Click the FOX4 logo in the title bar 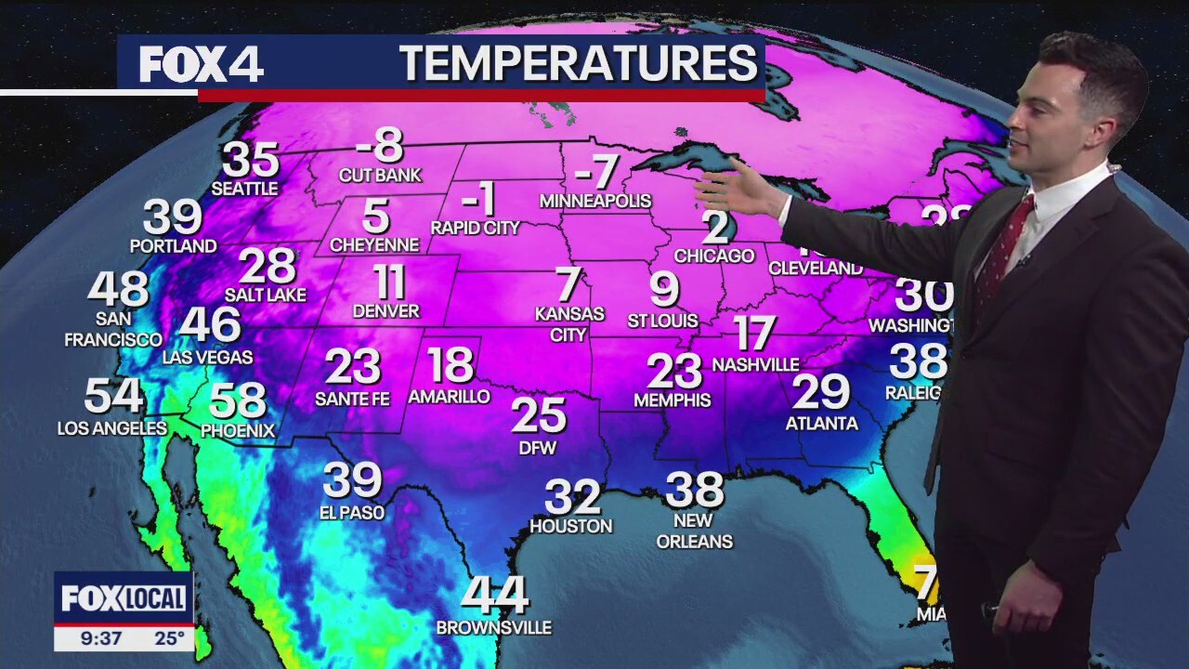(202, 64)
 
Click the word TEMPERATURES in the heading (578, 63)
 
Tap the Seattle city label (244, 189)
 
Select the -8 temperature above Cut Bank (380, 145)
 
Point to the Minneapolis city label (595, 201)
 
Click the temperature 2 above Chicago (715, 226)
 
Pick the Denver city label (386, 311)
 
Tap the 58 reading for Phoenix (238, 401)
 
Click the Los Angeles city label (111, 428)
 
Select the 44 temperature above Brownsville (495, 595)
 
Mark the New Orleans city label (694, 531)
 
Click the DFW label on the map (538, 448)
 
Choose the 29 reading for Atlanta (821, 392)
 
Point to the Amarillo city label (449, 397)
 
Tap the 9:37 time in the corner (102, 638)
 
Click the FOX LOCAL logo (124, 599)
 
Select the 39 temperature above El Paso (352, 480)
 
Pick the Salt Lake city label (266, 295)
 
